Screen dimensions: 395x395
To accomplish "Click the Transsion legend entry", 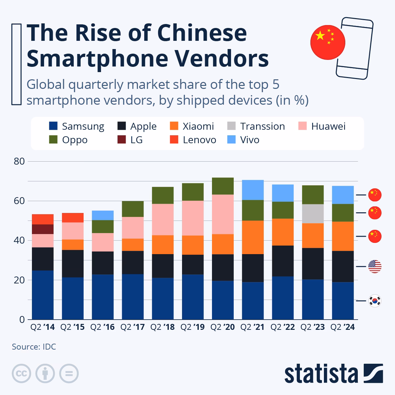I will coord(262,126).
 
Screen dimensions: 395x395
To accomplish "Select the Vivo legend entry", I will coord(249,140).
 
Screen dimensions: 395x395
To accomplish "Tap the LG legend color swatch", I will coord(122,140).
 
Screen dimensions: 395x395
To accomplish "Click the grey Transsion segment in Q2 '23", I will coord(313,214).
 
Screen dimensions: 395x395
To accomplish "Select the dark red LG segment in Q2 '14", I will coord(43,229).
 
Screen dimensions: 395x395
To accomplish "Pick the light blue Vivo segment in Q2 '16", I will coord(103,215).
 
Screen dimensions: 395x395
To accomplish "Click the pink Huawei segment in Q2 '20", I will coord(223,214).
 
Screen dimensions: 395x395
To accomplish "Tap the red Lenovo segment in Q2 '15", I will coord(73,218).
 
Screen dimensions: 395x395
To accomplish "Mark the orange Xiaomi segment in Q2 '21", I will coord(252,237).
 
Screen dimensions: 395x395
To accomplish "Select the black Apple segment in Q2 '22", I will coord(283,261).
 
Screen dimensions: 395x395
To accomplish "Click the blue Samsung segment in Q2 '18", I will coord(163,299).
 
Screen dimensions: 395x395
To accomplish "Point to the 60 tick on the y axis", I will coord(19,201).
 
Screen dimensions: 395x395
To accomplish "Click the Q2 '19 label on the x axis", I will coord(193,327).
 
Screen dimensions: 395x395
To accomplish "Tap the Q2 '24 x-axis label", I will coord(343,327).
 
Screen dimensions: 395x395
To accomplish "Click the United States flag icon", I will coord(375,266).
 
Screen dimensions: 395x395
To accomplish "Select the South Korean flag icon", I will coord(375,301).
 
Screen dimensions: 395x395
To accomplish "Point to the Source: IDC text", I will coord(34,347).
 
